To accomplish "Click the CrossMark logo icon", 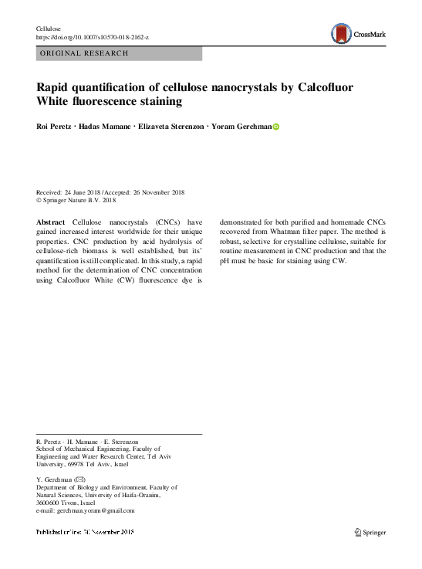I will pyautogui.click(x=340, y=33).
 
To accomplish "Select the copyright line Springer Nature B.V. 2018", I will pyautogui.click(x=79, y=200).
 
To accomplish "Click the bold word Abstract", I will pyautogui.click(x=51, y=221).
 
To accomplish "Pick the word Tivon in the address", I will pyautogui.click(x=74, y=503).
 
